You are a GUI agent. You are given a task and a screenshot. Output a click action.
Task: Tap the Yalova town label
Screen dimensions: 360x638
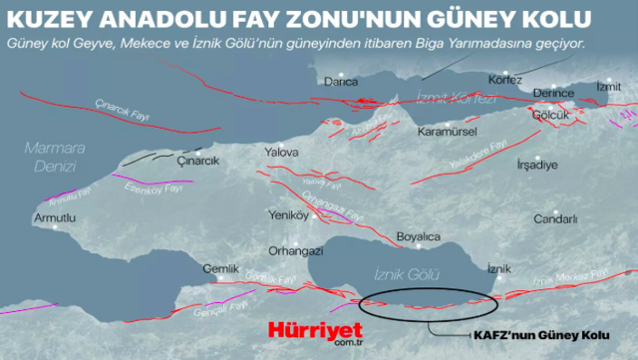[x=282, y=153]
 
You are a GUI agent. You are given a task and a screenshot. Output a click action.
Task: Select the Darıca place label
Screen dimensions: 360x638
[x=344, y=84]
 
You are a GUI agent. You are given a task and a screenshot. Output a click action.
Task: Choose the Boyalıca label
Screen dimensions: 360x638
[x=418, y=236]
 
